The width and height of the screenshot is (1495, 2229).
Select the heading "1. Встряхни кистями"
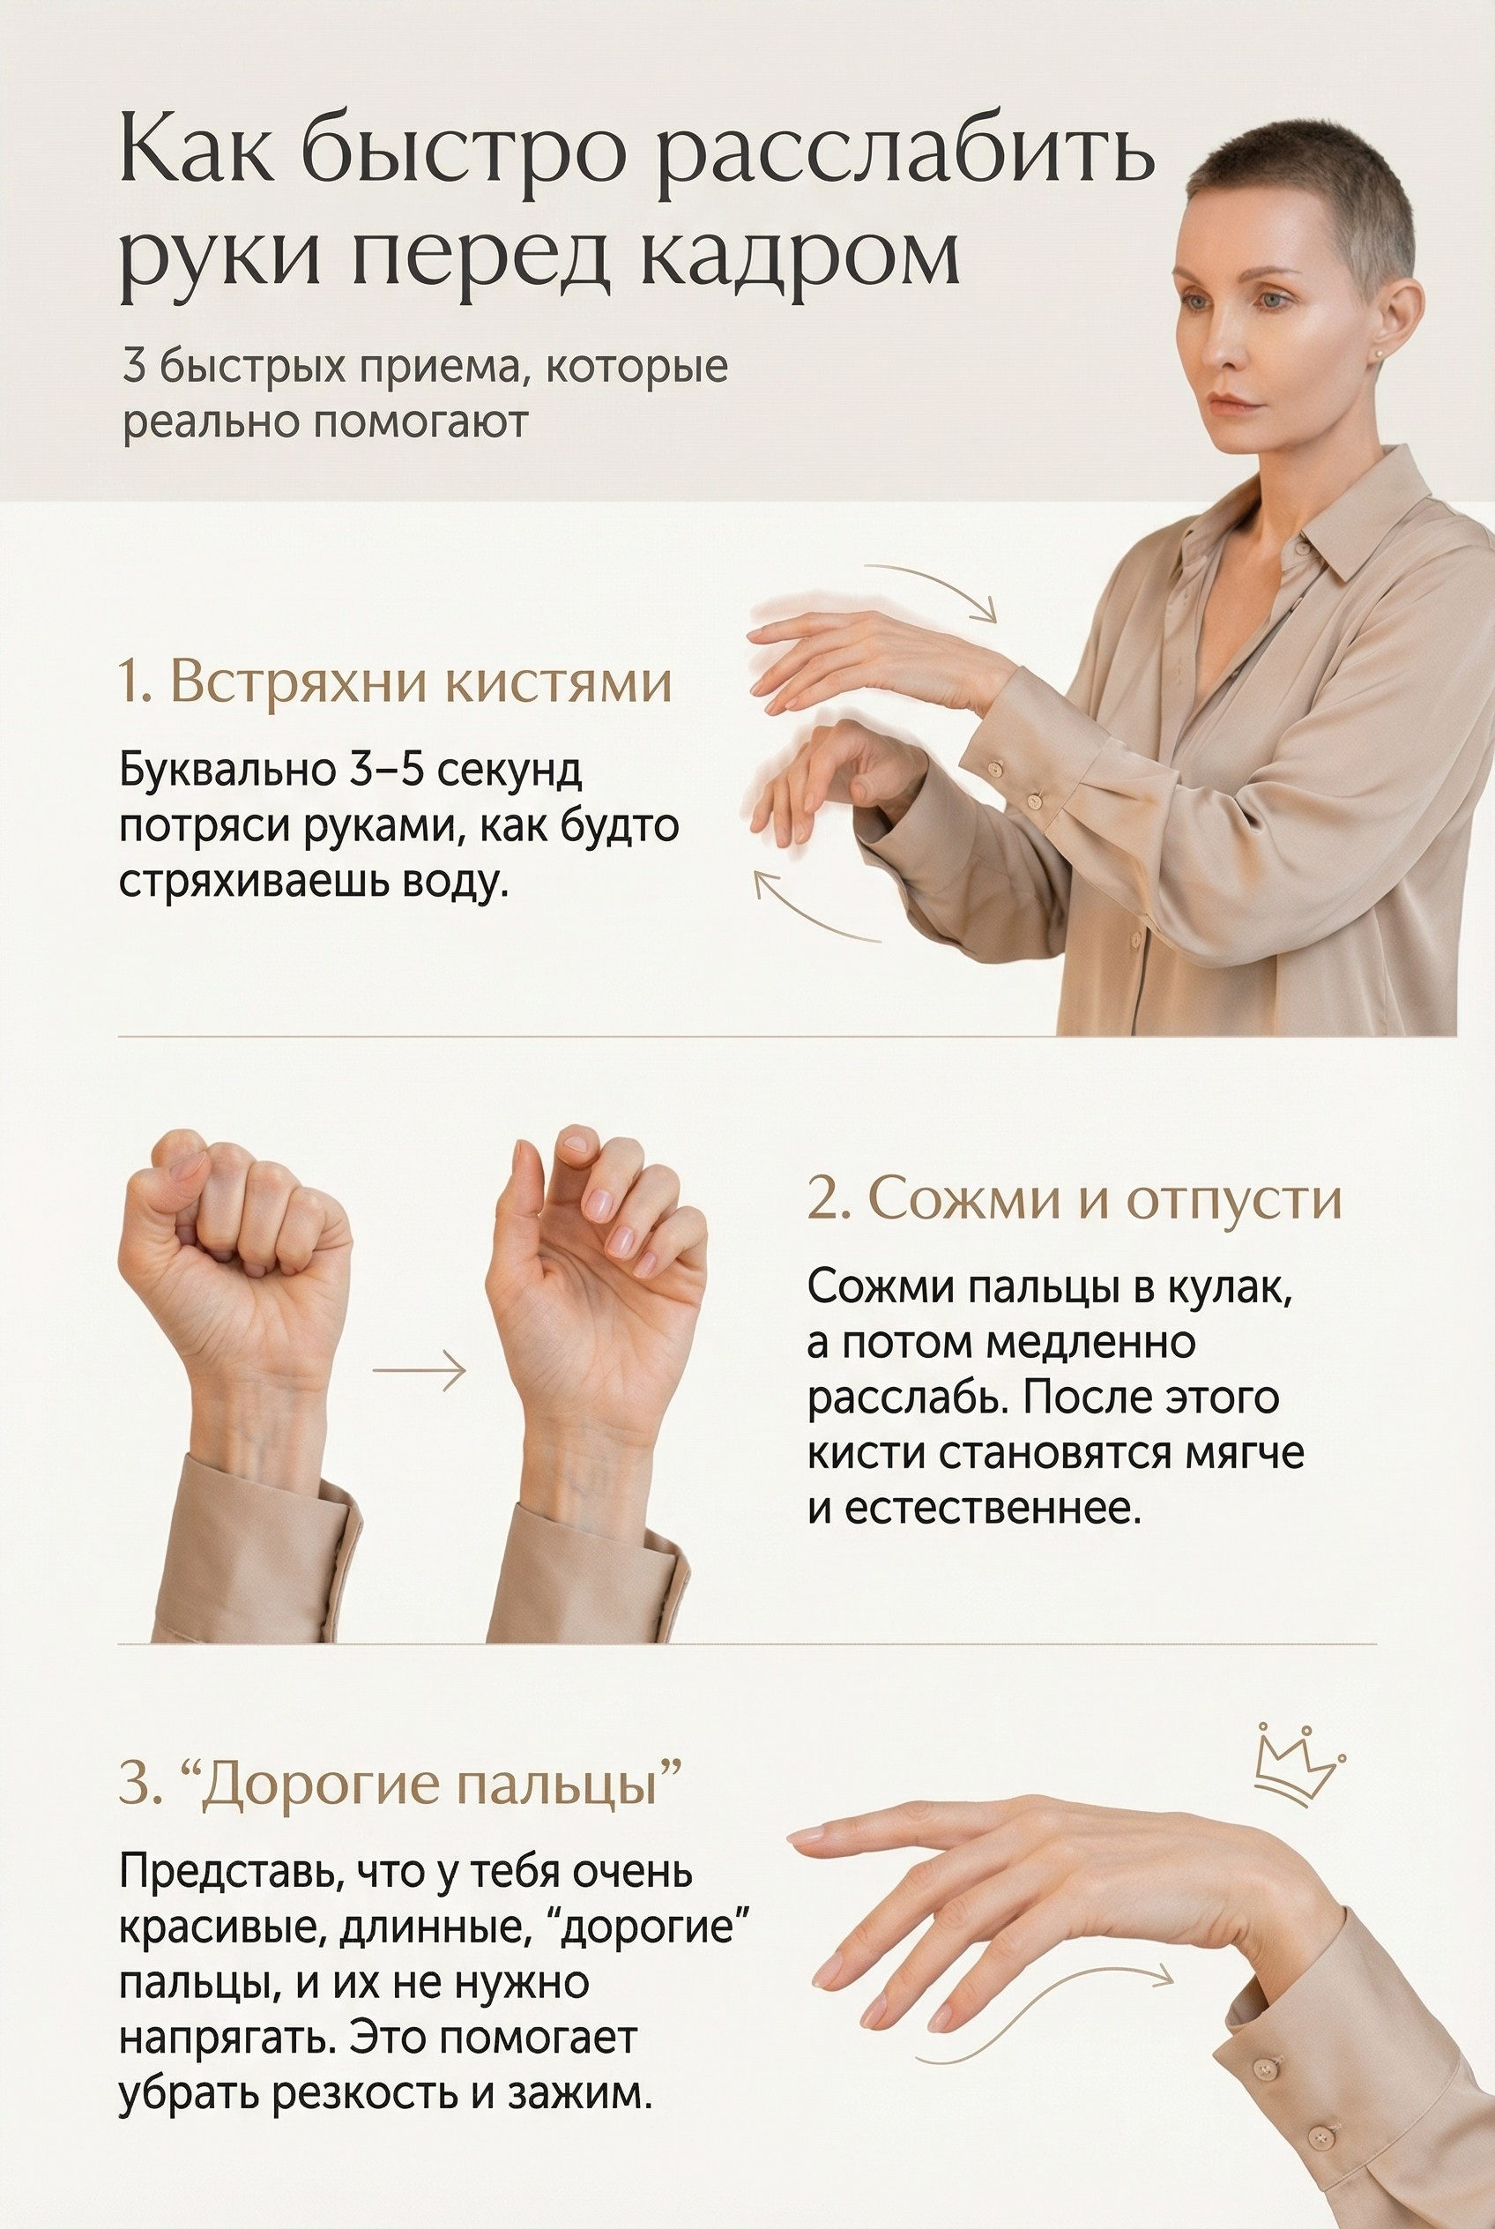coord(395,683)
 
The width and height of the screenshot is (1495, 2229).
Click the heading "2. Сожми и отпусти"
coord(1074,1199)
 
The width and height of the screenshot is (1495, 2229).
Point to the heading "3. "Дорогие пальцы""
coord(400,1784)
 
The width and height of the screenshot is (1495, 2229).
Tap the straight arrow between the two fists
coord(419,1372)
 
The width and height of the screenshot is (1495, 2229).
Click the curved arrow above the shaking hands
coord(933,588)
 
